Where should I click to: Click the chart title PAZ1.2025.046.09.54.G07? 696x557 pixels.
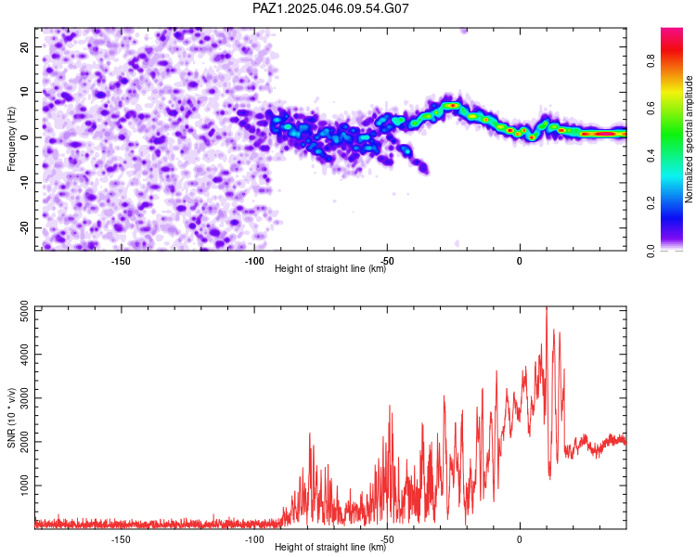[x=330, y=8]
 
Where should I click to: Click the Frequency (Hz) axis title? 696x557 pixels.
[x=11, y=139]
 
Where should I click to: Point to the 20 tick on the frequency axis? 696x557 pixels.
[x=24, y=46]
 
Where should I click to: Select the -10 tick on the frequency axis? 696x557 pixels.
[x=24, y=182]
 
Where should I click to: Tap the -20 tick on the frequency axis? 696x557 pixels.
[x=24, y=227]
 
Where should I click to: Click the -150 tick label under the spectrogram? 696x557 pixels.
[x=121, y=261]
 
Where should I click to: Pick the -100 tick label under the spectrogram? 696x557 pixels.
[x=254, y=261]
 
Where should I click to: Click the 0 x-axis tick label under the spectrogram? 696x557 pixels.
[x=520, y=261]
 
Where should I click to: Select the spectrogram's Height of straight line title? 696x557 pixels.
[x=330, y=268]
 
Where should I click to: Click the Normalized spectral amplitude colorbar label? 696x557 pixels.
[x=689, y=139]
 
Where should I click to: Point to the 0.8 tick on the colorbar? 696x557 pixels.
[x=651, y=60]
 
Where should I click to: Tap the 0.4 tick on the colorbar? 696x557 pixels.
[x=651, y=155]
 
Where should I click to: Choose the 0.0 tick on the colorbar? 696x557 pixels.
[x=651, y=251]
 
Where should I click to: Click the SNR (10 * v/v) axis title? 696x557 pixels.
[x=11, y=418]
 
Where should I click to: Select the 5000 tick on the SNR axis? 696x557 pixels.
[x=24, y=311]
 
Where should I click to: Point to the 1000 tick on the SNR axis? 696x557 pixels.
[x=24, y=485]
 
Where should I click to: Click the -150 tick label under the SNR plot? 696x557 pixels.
[x=121, y=539]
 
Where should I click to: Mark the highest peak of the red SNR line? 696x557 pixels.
[x=547, y=307]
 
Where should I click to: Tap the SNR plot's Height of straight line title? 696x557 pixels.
[x=330, y=547]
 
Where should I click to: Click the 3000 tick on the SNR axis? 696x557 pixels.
[x=24, y=397]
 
